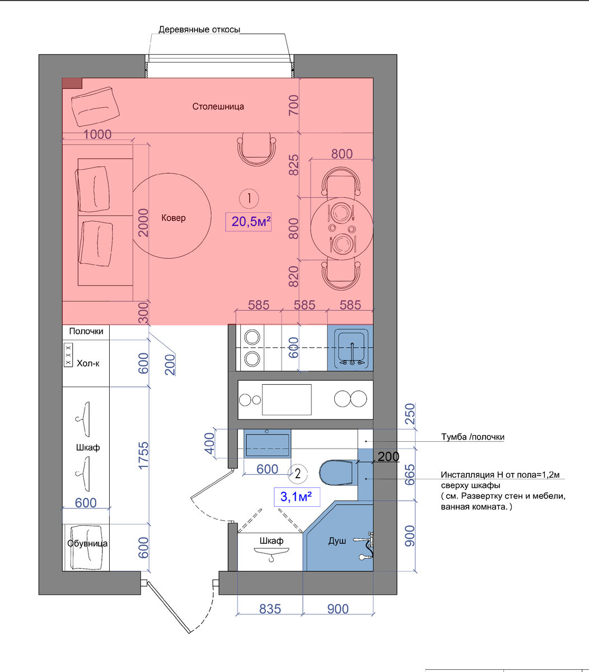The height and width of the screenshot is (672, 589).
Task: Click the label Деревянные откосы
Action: tap(199, 30)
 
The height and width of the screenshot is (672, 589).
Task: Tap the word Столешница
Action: tap(218, 106)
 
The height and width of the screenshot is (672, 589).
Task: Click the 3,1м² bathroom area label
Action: tap(296, 497)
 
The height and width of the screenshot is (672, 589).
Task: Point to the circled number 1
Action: tap(249, 198)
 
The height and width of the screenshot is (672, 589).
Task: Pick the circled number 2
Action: tap(297, 474)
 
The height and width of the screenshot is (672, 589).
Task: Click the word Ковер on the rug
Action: tap(174, 218)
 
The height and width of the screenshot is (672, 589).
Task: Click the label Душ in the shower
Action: tap(337, 540)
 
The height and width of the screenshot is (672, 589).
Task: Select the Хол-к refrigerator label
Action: tap(88, 363)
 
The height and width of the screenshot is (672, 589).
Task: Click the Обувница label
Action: tap(87, 543)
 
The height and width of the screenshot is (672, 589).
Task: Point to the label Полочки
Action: tap(86, 331)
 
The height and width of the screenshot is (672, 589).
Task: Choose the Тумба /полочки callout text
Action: tap(473, 437)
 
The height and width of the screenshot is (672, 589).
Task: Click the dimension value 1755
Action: tap(143, 455)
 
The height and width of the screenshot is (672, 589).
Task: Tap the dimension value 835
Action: tap(270, 609)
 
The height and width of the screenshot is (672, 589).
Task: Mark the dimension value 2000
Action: tap(143, 222)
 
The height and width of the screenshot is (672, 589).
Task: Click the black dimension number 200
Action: tap(389, 457)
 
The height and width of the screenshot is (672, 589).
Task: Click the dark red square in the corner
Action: tap(72, 83)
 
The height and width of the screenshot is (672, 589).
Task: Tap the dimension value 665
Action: tap(410, 475)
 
